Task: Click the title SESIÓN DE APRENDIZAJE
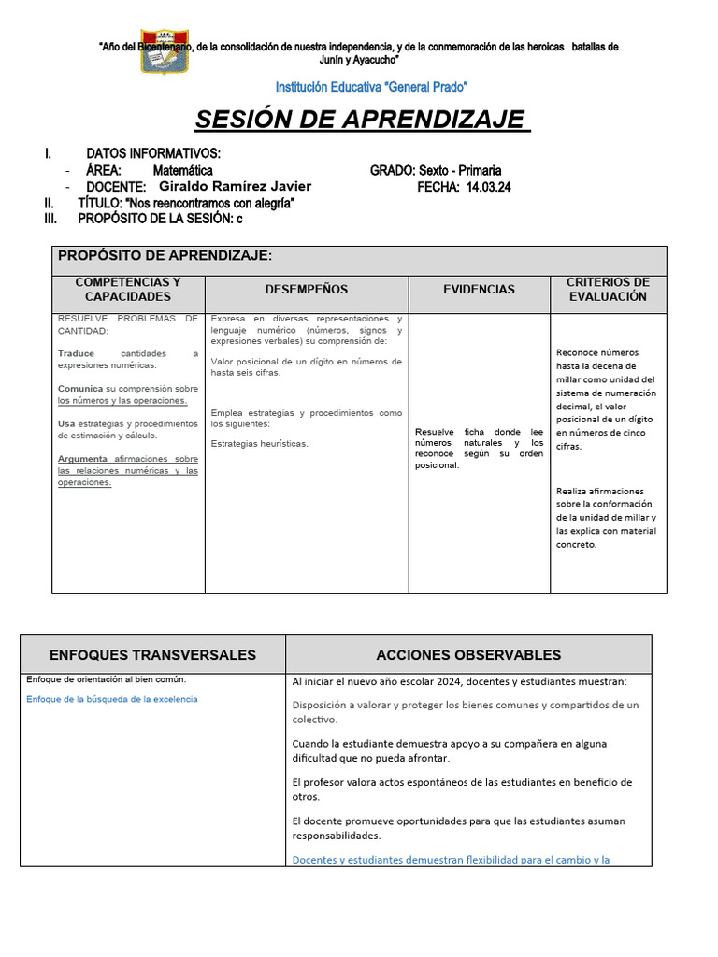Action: [x=362, y=121]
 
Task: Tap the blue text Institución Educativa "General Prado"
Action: [x=371, y=87]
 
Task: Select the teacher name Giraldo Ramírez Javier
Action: [x=235, y=187]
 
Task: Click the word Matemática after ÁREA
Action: [x=182, y=170]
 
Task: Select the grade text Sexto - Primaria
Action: [x=460, y=170]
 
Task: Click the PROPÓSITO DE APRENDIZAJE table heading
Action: [x=165, y=255]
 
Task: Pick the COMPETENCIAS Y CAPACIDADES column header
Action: [x=128, y=290]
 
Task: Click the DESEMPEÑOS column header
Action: [x=306, y=290]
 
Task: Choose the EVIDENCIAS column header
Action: [x=479, y=290]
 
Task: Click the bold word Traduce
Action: [x=76, y=353]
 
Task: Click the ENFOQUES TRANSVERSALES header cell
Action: [x=152, y=655]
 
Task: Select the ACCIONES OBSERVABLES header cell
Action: [x=468, y=655]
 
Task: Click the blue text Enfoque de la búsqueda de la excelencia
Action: [x=112, y=699]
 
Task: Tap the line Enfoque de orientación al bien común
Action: [x=107, y=679]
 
